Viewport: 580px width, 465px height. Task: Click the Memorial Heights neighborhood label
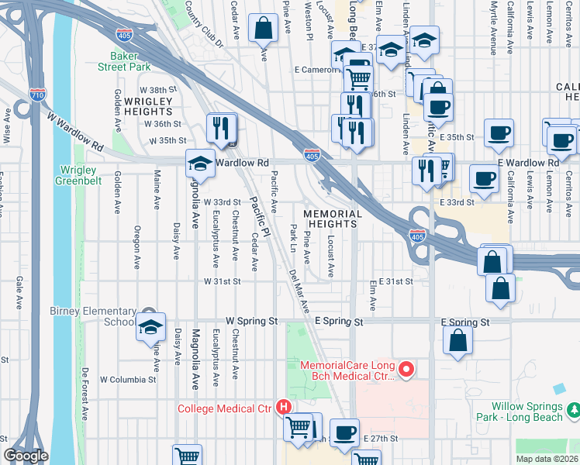tap(332, 219)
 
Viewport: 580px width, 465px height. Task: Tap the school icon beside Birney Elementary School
tap(150, 327)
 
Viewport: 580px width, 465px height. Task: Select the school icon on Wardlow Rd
tap(199, 163)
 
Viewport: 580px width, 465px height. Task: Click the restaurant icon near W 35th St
tap(222, 129)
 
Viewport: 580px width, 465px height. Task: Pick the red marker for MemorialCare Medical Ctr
tap(403, 371)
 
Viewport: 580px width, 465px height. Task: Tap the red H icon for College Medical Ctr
tap(285, 407)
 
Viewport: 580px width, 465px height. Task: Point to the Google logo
tap(26, 456)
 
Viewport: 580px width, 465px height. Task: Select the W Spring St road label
tap(251, 320)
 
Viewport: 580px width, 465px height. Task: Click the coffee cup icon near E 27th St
tap(344, 432)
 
